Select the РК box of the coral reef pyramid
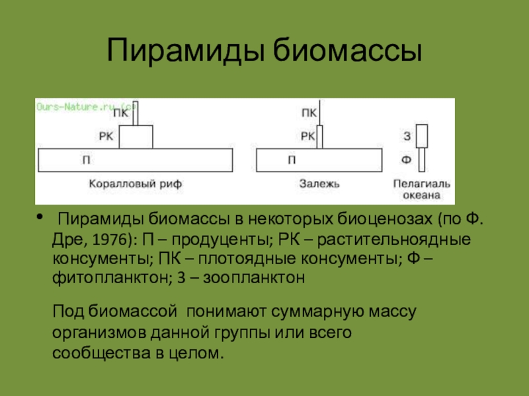click(x=136, y=137)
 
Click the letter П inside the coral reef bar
click(x=87, y=160)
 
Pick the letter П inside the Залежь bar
click(x=292, y=160)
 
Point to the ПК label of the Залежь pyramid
click(x=308, y=113)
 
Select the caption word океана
click(x=421, y=196)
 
